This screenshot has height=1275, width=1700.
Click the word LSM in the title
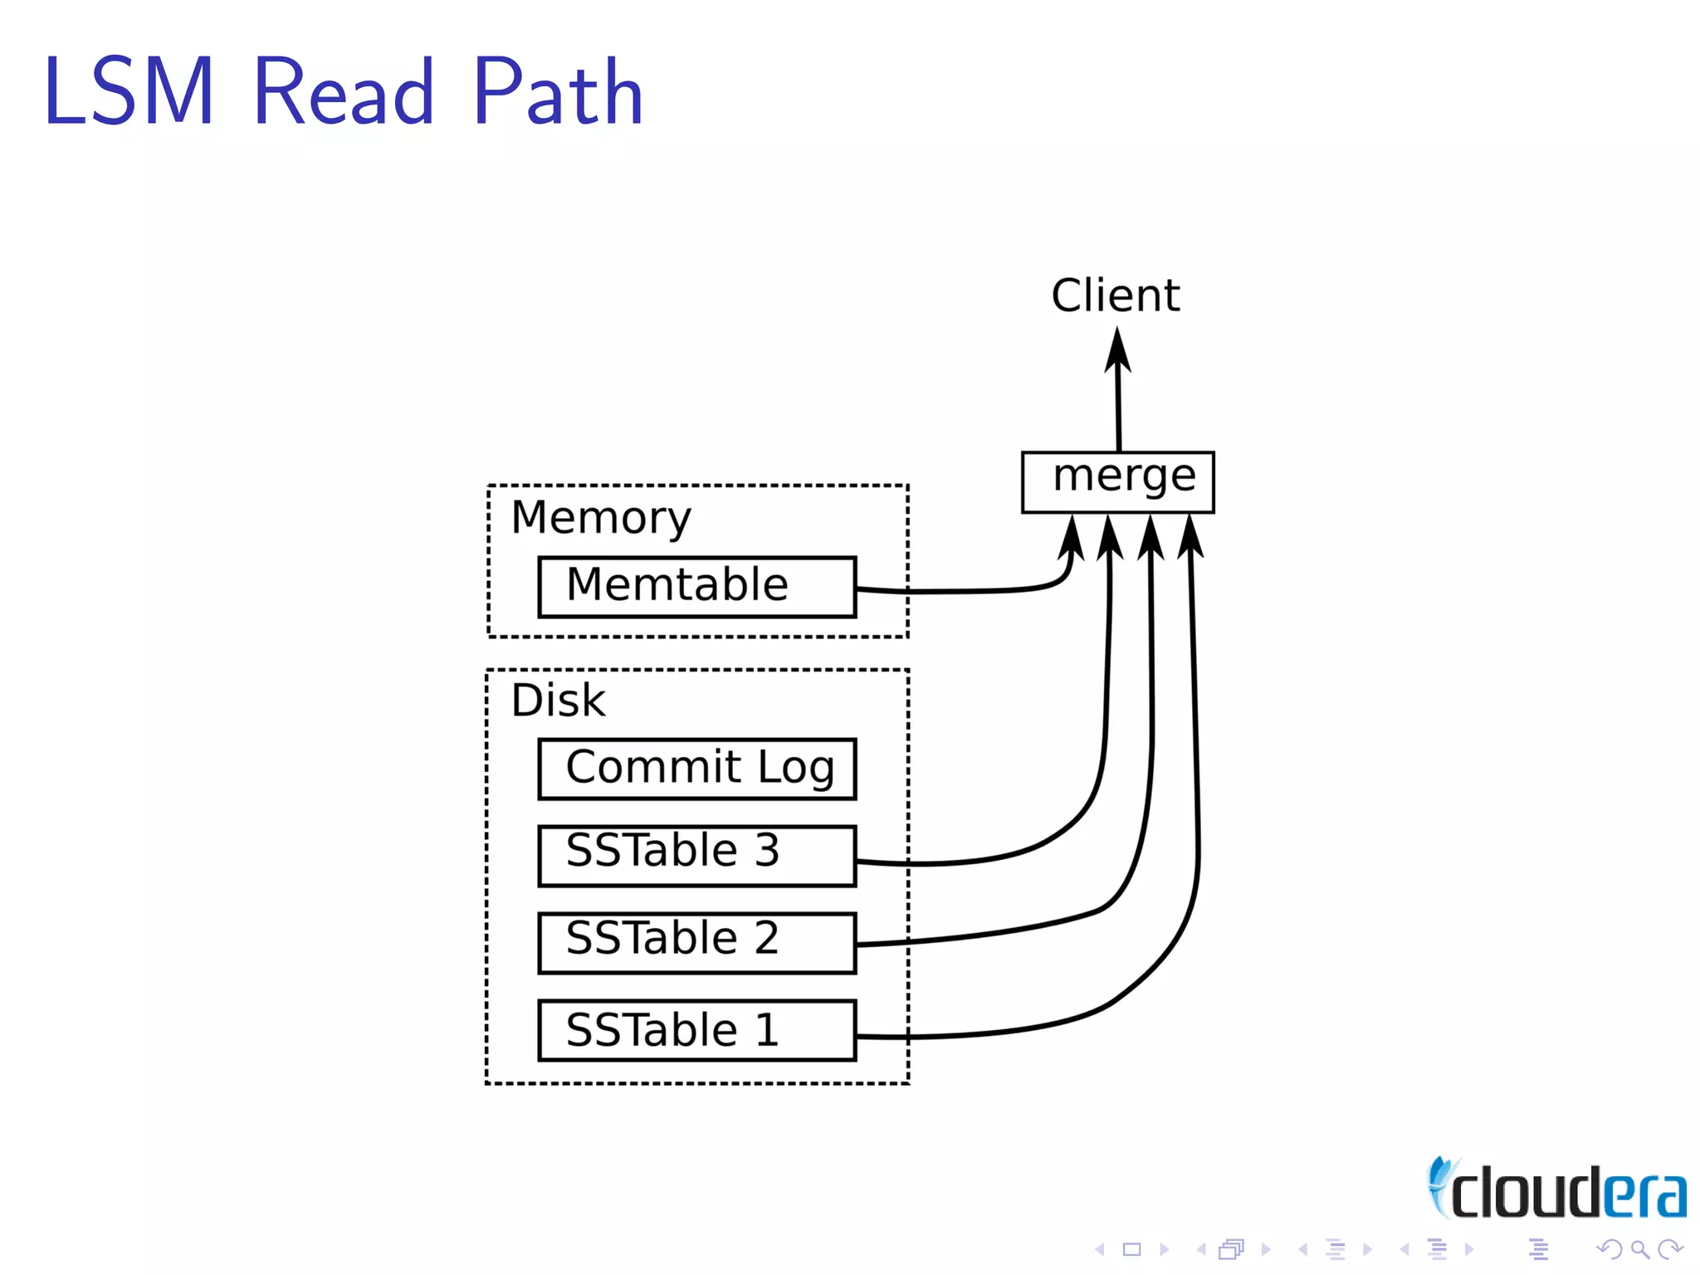(129, 91)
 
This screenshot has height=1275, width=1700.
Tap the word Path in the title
(558, 91)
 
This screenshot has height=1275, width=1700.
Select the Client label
(1115, 296)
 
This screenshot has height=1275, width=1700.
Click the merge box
(1117, 481)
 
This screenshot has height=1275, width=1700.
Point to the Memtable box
(696, 587)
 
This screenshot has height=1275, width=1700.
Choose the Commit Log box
(696, 769)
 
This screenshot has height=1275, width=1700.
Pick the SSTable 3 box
(696, 855)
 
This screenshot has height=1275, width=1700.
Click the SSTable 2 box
(696, 942)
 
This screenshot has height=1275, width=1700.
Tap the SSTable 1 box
(696, 1030)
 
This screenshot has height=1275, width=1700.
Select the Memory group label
(600, 518)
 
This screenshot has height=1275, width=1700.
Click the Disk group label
(558, 700)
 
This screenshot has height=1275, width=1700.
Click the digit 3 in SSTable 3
(767, 850)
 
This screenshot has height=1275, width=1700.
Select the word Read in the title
(343, 91)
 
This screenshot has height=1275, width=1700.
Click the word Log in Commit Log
(795, 767)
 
